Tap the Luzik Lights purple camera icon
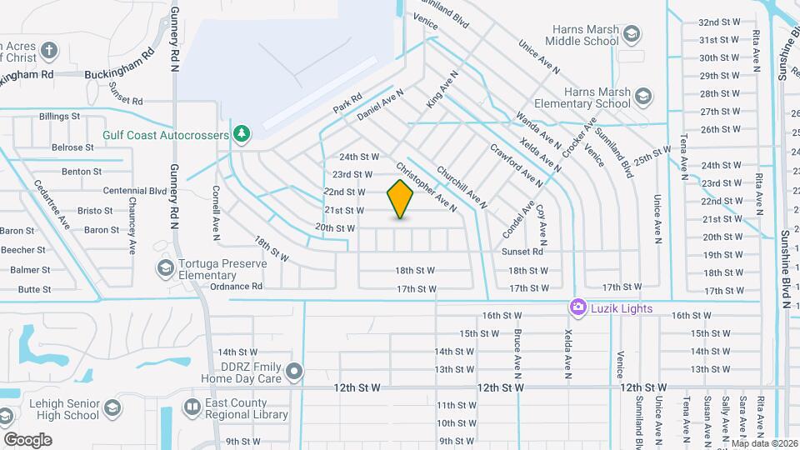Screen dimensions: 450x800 coord(577,308)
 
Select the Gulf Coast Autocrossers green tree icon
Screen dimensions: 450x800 coord(242,133)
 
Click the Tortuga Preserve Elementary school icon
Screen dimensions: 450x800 coord(165,267)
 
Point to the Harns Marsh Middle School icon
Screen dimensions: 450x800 coord(632,34)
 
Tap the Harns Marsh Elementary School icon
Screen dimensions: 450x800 coord(642,97)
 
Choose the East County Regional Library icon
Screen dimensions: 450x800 coord(191,408)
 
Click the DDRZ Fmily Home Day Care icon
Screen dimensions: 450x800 coord(293,371)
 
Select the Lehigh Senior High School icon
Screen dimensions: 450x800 coord(112,408)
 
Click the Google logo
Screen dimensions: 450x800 coord(27,440)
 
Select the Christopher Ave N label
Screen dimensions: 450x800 coord(427,186)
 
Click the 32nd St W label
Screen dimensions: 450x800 coord(720,22)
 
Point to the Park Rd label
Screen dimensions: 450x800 coord(347,103)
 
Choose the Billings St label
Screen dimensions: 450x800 coord(59,117)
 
